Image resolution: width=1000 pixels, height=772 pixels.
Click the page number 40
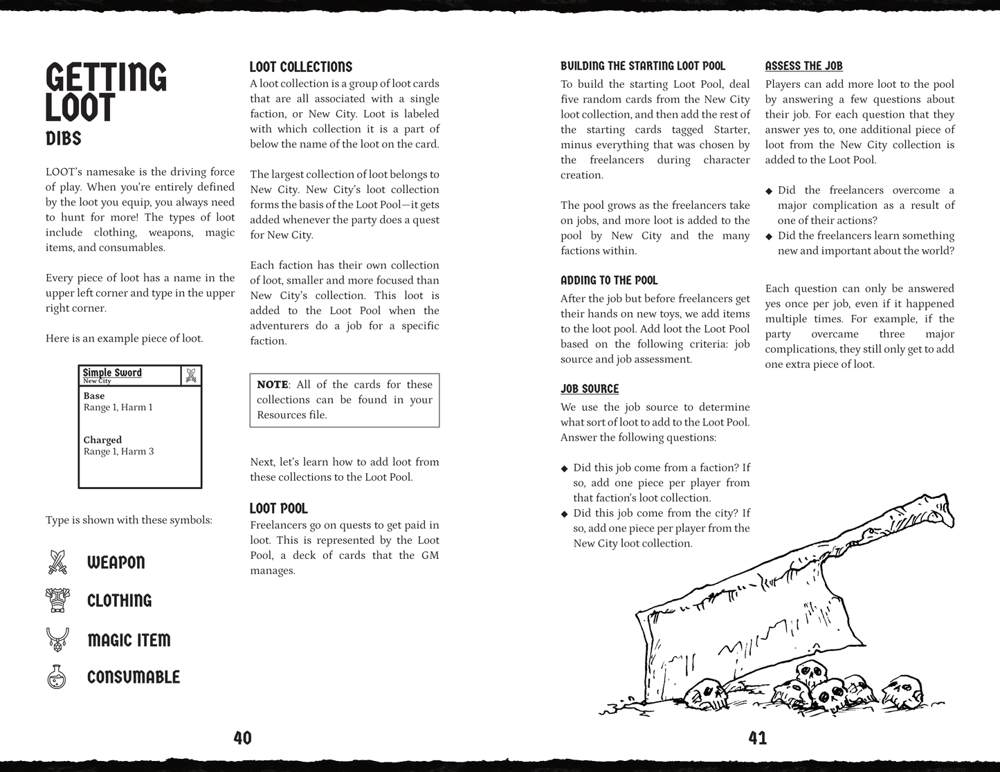coord(242,738)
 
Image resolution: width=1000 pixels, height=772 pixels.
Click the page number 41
coord(758,738)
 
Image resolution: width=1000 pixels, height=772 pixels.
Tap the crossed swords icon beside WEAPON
coord(57,562)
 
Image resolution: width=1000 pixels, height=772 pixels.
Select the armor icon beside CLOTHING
coord(57,600)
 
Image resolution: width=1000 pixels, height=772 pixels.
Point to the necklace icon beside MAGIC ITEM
coord(57,638)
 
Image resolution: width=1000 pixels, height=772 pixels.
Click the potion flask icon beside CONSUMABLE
coord(57,677)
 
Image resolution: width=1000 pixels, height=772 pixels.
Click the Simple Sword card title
coord(112,372)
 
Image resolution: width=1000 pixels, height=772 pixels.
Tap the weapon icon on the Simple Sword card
coord(191,375)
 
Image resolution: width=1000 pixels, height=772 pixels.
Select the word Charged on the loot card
coord(102,440)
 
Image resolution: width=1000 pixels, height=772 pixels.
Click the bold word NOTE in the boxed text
coord(273,385)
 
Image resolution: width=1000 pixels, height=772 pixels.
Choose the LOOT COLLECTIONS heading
coord(301,67)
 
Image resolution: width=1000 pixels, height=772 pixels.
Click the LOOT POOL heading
coord(279,508)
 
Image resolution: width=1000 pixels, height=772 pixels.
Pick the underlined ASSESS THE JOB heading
coord(803,66)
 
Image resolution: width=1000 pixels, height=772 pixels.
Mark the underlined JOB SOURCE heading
coord(590,389)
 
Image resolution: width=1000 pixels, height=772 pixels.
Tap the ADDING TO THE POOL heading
coord(609,280)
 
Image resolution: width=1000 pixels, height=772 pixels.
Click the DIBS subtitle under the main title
coord(64,138)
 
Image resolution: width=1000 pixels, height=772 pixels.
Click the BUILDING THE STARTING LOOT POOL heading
coord(643,66)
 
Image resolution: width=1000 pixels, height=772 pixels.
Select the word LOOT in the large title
coord(80,109)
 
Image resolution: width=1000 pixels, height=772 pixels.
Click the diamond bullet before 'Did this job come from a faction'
coord(565,468)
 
